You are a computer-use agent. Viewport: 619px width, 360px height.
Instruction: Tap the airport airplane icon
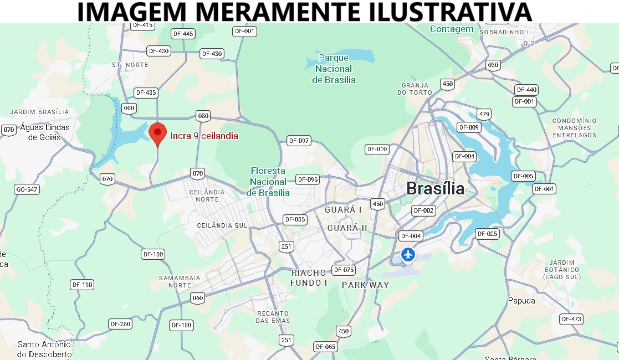(408, 255)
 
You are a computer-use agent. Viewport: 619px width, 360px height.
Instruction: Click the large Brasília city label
(435, 188)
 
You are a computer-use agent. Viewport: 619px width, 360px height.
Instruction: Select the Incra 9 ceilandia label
(204, 136)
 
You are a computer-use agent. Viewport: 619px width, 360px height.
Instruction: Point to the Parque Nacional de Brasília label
(334, 69)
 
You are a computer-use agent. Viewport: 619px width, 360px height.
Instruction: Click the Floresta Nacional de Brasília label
(268, 182)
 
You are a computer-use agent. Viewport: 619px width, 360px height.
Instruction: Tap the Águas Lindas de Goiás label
(45, 132)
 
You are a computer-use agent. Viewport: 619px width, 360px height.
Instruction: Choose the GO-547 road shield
(27, 189)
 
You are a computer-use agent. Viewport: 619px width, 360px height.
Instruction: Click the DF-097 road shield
(299, 141)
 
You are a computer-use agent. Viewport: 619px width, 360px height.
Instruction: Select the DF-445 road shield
(183, 34)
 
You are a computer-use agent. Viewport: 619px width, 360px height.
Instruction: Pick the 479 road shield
(484, 115)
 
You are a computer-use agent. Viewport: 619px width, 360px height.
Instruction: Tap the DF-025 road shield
(488, 234)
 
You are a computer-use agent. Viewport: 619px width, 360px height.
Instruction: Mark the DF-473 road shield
(571, 319)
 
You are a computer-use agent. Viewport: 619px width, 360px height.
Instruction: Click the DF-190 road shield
(82, 285)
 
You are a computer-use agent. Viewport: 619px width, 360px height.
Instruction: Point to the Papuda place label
(521, 301)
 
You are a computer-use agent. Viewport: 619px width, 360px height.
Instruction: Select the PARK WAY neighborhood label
(365, 285)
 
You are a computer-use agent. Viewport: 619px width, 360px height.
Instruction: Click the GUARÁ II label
(347, 228)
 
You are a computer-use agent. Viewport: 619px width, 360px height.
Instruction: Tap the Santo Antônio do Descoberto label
(44, 349)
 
